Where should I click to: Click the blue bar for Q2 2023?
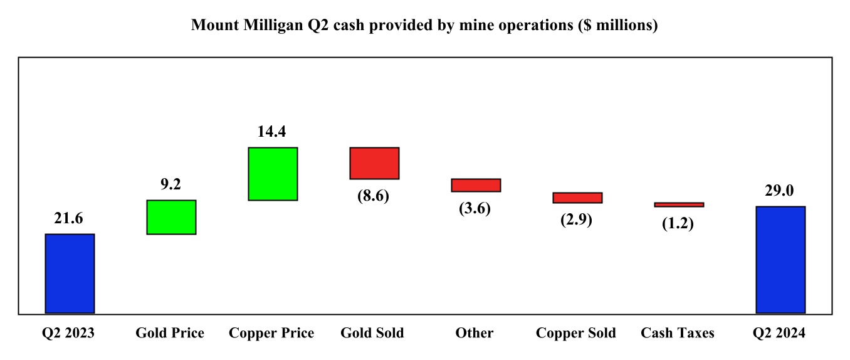point(70,273)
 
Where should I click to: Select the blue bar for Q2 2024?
point(780,260)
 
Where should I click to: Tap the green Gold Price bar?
point(171,217)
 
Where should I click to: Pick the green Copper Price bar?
point(273,174)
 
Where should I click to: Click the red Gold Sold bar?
point(374,163)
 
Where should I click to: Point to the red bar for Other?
point(476,185)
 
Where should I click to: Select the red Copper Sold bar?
point(577,198)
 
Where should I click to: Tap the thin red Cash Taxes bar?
point(679,204)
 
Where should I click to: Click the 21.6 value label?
point(70,218)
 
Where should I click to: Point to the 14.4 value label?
point(273,132)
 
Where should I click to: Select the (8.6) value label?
point(374,196)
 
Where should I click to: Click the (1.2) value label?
point(678,223)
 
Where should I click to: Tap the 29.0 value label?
point(780,191)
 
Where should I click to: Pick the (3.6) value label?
point(475,208)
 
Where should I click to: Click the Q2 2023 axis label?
point(68,333)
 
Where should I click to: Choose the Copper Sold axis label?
point(576,333)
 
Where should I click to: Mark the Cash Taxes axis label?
point(678,333)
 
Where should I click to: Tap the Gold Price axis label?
point(170,333)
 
